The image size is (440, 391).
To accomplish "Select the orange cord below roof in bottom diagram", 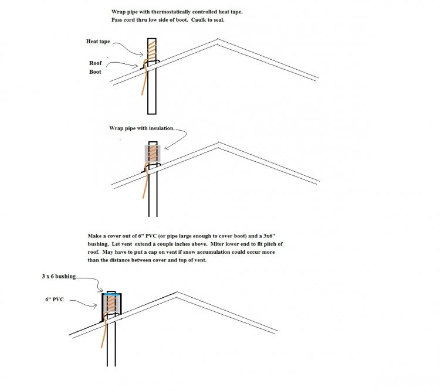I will (105, 340).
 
